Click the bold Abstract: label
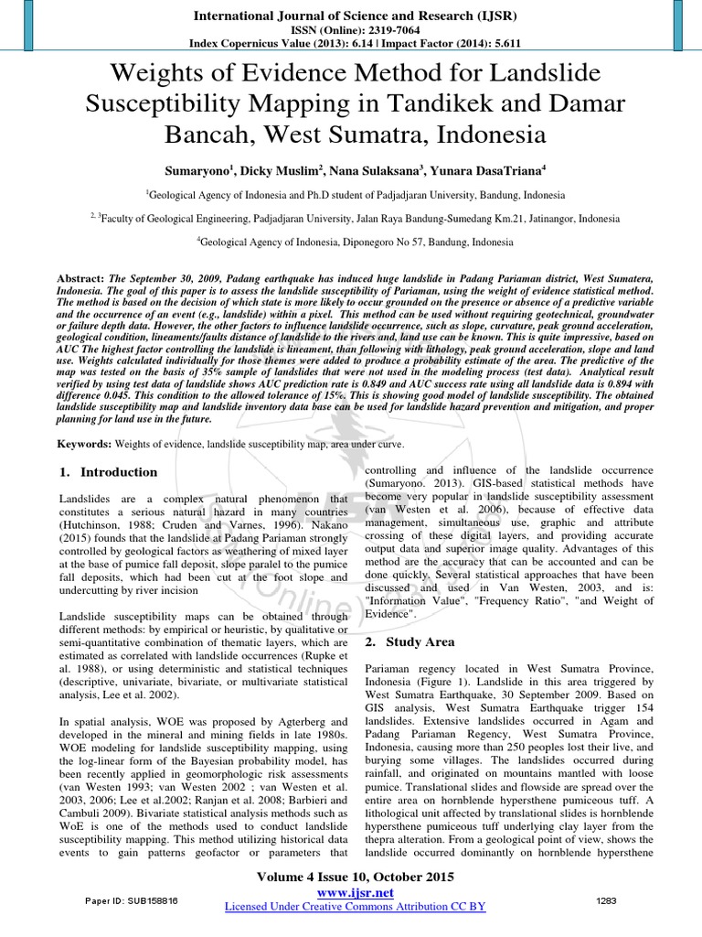coord(81,277)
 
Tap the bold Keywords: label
coord(83,443)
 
